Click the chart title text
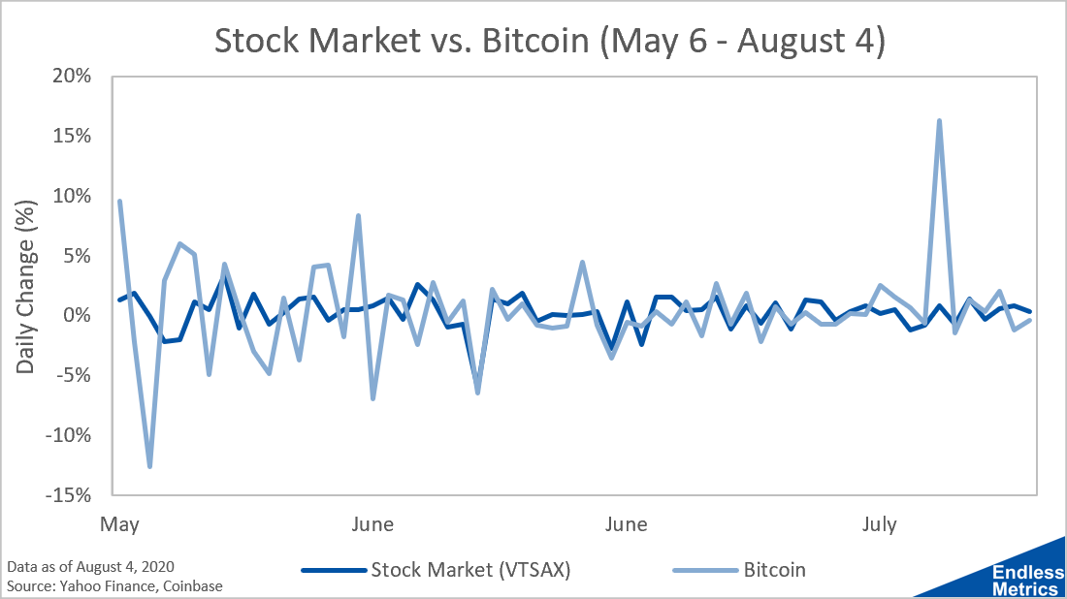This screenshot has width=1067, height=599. pyautogui.click(x=550, y=41)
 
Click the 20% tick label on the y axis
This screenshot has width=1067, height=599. pyautogui.click(x=72, y=76)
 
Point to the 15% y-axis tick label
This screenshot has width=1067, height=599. pyautogui.click(x=72, y=136)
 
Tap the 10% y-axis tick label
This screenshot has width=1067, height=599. pyautogui.click(x=72, y=196)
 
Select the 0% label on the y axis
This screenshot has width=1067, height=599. pyautogui.click(x=77, y=315)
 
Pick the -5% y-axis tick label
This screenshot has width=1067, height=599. pyautogui.click(x=74, y=375)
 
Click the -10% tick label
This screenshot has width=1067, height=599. pyautogui.click(x=68, y=435)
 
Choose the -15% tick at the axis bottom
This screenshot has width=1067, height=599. pyautogui.click(x=68, y=495)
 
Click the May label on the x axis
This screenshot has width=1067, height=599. pyautogui.click(x=119, y=524)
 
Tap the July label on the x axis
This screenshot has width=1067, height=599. pyautogui.click(x=879, y=524)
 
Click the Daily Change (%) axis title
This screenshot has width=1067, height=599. pyautogui.click(x=25, y=287)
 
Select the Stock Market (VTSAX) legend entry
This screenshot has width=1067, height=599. pyautogui.click(x=436, y=570)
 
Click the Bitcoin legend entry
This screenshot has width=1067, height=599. pyautogui.click(x=739, y=570)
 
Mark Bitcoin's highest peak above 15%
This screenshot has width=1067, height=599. pyautogui.click(x=940, y=121)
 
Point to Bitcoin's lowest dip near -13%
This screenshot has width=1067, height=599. pyautogui.click(x=149, y=466)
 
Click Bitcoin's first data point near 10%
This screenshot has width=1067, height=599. pyautogui.click(x=119, y=202)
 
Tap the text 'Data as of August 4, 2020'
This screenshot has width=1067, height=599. pyautogui.click(x=90, y=566)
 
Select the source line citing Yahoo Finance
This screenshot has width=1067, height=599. pyautogui.click(x=114, y=585)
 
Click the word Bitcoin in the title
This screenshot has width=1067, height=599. pyautogui.click(x=535, y=41)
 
